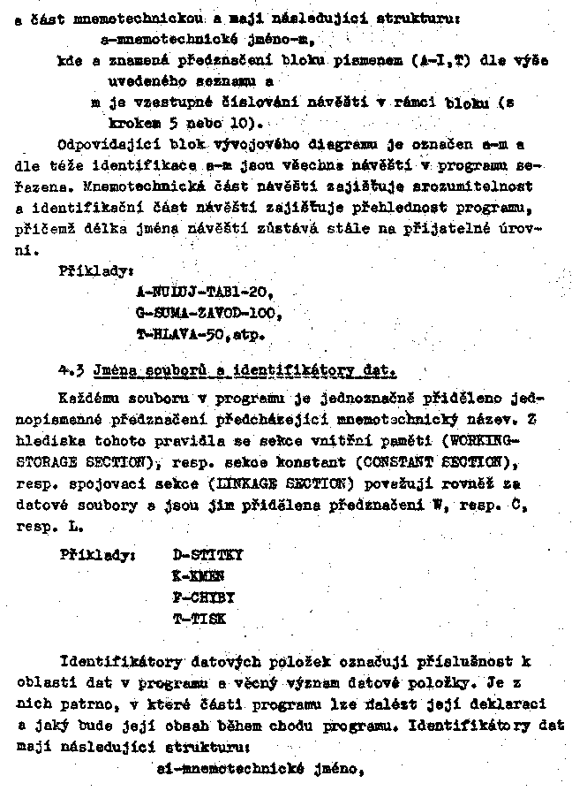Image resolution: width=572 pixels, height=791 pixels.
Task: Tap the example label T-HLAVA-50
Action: (x=188, y=336)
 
